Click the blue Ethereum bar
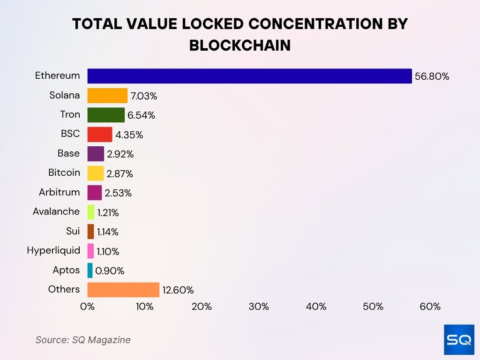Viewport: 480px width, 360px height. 249,76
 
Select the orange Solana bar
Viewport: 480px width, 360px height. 107,96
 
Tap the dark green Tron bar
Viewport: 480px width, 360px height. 106,115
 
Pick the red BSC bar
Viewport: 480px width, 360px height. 100,134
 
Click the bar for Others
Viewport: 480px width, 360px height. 123,290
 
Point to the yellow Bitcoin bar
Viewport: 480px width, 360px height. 96,173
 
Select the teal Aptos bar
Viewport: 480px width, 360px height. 90,270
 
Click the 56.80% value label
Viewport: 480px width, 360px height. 432,76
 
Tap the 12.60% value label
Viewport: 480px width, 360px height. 178,290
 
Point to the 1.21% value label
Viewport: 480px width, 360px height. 108,213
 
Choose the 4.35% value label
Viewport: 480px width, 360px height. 129,135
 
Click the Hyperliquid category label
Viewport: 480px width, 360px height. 53,250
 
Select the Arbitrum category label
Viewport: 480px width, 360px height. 60,192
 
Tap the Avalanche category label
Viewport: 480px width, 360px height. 56,211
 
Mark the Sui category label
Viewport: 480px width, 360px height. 73,231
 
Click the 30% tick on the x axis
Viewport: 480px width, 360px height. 259,307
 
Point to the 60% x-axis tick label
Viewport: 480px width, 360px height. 430,307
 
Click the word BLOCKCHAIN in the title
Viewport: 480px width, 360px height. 240,45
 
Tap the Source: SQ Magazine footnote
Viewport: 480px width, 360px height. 83,340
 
